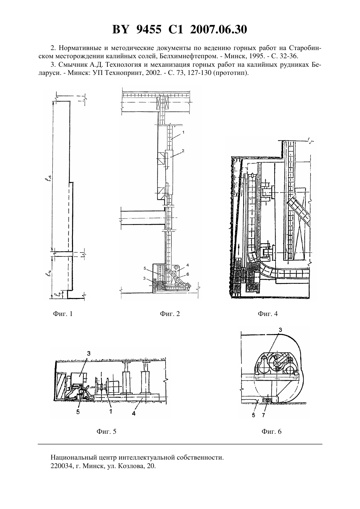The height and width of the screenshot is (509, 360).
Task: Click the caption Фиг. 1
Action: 63,314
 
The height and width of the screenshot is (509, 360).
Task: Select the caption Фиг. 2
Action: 170,314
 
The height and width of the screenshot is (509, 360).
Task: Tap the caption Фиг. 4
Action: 268,314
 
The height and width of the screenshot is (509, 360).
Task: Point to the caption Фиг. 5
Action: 106,431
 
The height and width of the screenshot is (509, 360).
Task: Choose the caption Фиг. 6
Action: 271,431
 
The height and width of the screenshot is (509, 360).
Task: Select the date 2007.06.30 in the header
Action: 218,29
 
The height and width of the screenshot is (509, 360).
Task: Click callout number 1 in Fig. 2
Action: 183,132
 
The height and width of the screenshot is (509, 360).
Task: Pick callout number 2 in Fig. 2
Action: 183,150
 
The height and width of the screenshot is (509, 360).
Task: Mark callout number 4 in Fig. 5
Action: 134,413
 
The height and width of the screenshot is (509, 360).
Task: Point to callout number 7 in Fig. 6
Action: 263,415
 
